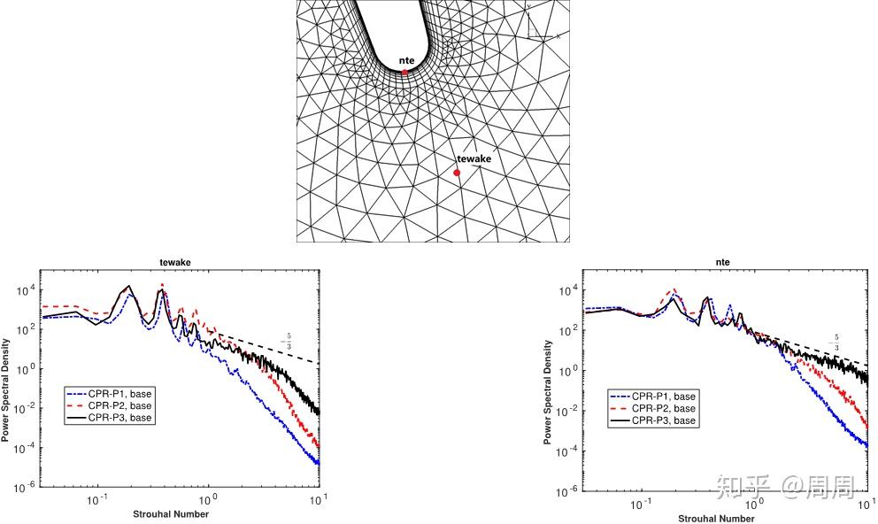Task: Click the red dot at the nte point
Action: (405, 72)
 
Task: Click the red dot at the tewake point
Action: (457, 173)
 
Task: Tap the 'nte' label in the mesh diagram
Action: (406, 60)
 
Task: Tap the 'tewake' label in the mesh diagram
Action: (474, 158)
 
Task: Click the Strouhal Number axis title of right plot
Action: (725, 518)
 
